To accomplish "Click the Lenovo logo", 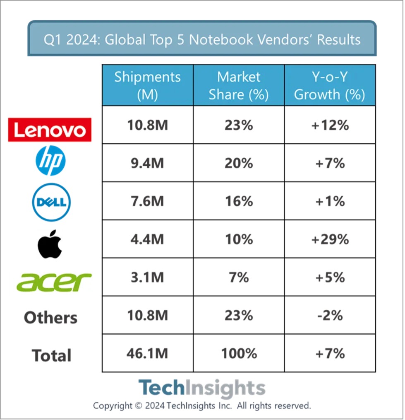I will coord(50,130).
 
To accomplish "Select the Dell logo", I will coord(51,202).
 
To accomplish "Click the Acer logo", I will coord(54,282).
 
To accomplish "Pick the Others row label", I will coord(50,318).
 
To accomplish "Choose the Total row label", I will coord(52,355).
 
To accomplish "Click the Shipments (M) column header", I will coord(147,85).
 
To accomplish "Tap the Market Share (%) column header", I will coord(239,85).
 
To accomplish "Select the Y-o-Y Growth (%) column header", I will coord(330,85).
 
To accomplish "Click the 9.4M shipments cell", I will coord(147,163).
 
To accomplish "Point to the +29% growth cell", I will coord(330,239).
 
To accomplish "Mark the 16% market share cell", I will coord(239,201).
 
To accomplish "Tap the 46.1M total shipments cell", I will coord(147,353).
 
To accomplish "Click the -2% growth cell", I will coord(330,315).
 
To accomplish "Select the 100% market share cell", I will coord(239,353).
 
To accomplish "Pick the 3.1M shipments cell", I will coord(147,277).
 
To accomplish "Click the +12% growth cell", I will coord(330,125).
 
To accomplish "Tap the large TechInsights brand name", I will coord(202,388).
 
